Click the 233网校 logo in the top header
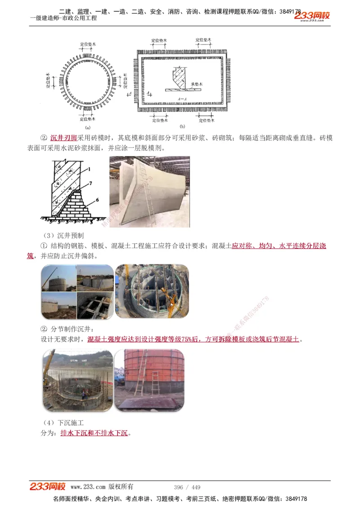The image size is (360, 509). point(312,16)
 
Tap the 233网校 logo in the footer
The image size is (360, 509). point(47,486)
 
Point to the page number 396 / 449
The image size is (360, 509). point(187,487)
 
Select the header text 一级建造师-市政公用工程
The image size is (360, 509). point(63,18)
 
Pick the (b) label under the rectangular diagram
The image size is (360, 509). point(182,127)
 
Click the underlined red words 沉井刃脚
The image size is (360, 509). point(63,138)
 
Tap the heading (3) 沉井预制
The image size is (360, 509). point(63,235)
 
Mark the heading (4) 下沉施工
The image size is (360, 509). point(63,423)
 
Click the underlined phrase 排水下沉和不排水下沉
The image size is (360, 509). point(94,433)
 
